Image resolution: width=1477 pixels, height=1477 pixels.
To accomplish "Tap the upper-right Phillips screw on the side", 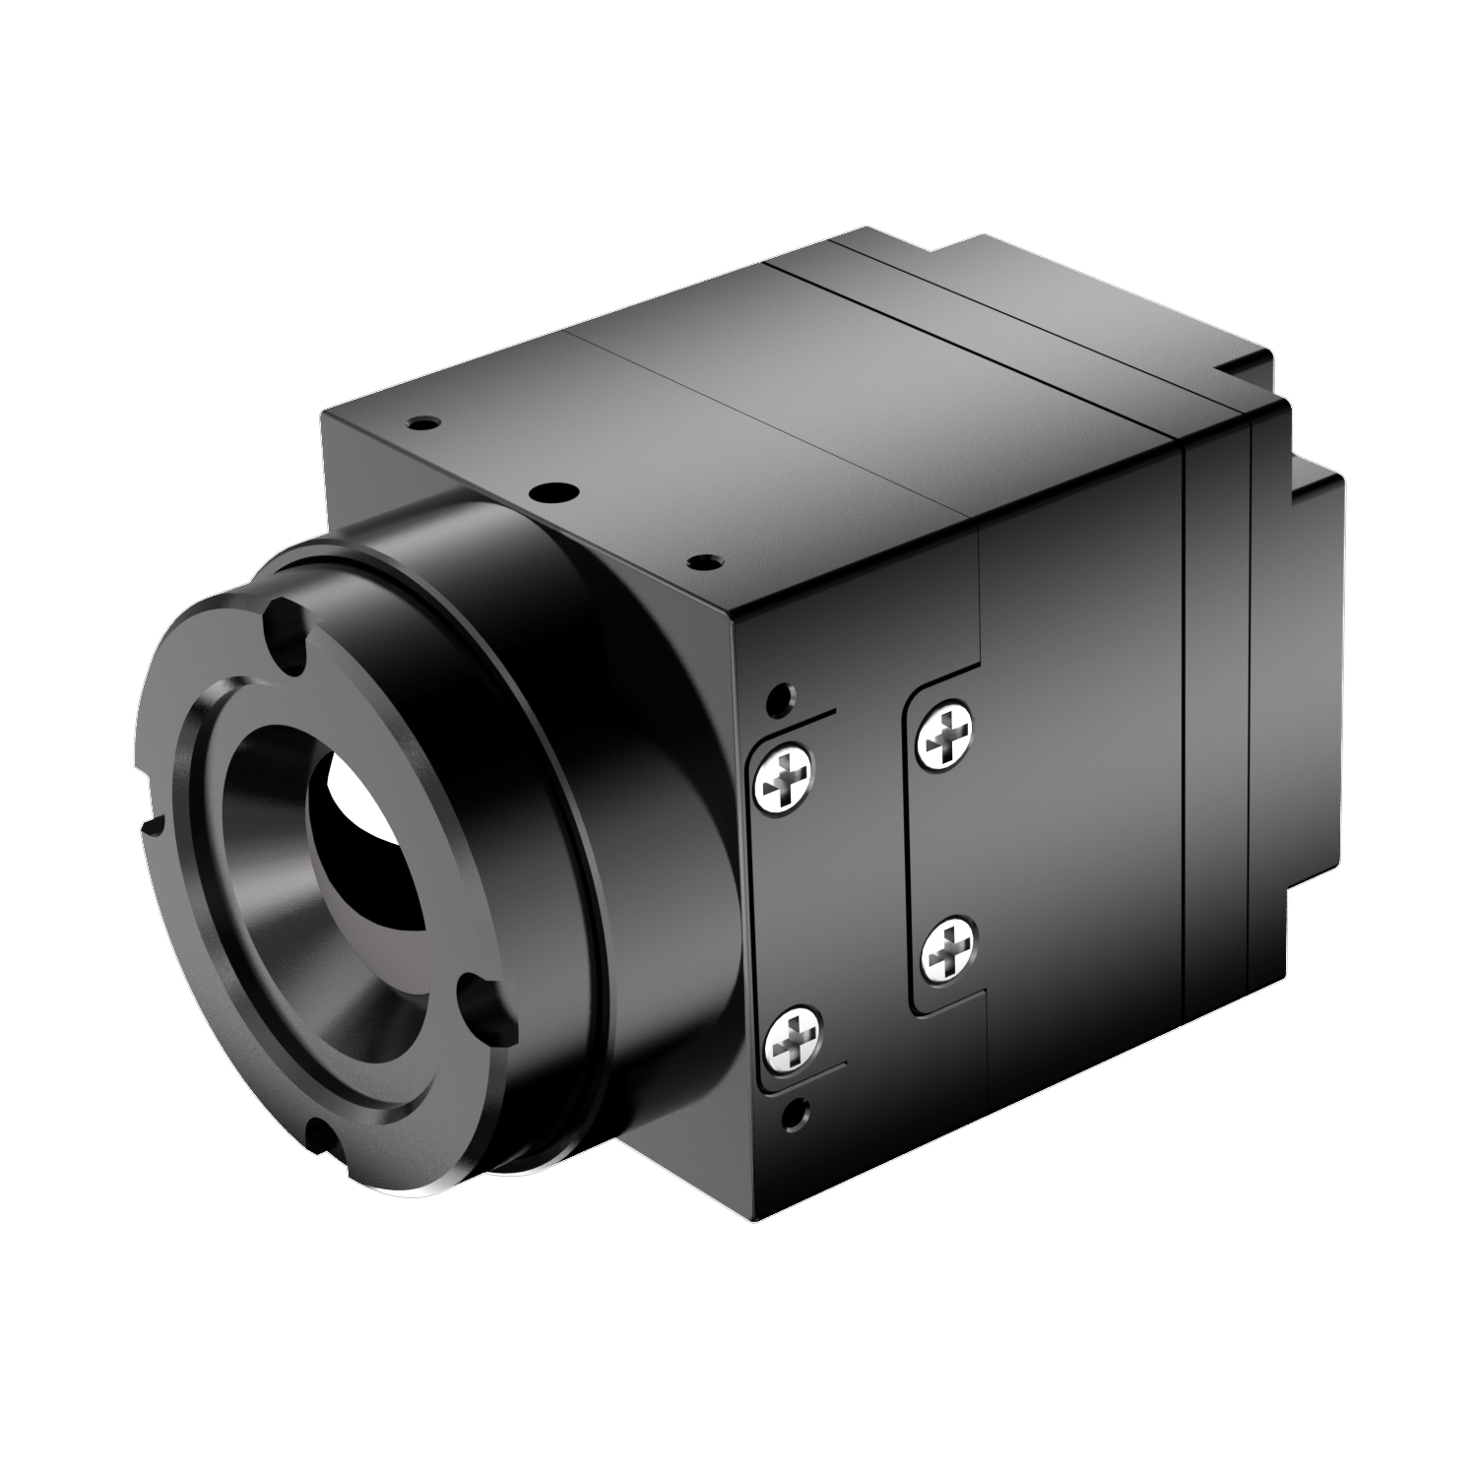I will [x=943, y=733].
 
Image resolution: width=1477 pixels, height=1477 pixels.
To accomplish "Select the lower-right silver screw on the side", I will [x=948, y=949].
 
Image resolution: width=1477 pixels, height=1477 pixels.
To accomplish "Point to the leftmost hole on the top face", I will [x=422, y=422].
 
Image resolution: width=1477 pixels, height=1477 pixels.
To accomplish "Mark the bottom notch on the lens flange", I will [x=321, y=1137].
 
